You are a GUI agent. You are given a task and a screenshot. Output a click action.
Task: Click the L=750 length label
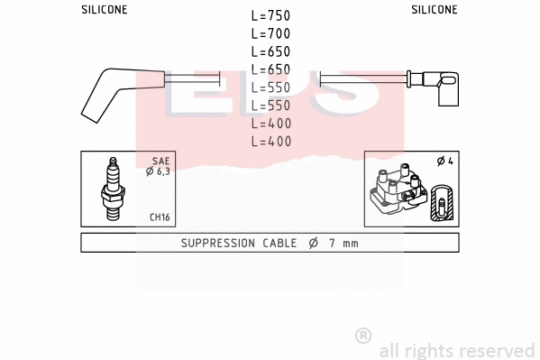[x=270, y=16]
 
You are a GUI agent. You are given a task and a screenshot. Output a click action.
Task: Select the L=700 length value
[x=270, y=33]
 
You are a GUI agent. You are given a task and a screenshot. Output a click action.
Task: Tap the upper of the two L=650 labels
[x=270, y=51]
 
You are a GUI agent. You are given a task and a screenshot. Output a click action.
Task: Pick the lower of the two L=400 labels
[x=270, y=141]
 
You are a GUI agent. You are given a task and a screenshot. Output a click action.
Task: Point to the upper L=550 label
[x=270, y=88]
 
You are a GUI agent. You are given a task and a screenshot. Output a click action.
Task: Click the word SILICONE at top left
[x=104, y=10]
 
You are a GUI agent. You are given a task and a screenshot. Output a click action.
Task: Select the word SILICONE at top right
[x=435, y=10]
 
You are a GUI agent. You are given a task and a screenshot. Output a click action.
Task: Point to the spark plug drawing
[x=114, y=189]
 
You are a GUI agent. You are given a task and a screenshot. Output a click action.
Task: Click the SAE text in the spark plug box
[x=160, y=161]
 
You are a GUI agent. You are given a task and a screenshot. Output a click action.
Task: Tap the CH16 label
[x=159, y=217]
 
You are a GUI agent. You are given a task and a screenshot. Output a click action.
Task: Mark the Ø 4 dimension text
[x=444, y=162]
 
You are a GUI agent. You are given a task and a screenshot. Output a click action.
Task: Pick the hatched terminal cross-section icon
[x=442, y=202]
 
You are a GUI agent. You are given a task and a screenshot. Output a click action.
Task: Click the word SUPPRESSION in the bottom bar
[x=219, y=243]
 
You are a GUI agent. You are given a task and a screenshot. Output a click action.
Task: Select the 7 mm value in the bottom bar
[x=343, y=243]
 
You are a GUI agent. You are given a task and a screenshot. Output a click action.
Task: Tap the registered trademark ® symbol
[x=363, y=335]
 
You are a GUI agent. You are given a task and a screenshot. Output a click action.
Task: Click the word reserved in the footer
[x=498, y=350]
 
